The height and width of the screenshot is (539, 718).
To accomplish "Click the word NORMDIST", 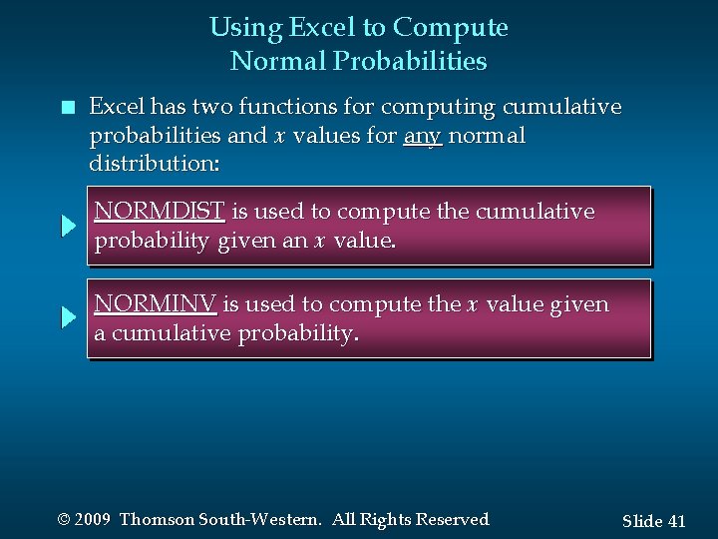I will [160, 212].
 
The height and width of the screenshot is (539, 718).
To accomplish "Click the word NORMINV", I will [155, 304].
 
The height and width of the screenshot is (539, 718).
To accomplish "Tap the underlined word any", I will [423, 135].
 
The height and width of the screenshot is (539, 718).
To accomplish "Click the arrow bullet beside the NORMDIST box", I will [68, 226].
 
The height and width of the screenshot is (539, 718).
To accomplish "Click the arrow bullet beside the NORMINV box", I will [68, 318].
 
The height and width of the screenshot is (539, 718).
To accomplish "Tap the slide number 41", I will [677, 521].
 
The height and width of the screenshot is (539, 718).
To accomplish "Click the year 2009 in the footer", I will [93, 520].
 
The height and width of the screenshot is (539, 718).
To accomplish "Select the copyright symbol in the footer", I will [65, 520].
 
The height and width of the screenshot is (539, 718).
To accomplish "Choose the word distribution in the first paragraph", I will [150, 162].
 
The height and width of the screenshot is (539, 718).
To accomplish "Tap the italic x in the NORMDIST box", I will [320, 241].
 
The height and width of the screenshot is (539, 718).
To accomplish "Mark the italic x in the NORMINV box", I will [472, 304].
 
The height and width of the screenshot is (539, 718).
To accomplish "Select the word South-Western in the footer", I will [259, 520].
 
